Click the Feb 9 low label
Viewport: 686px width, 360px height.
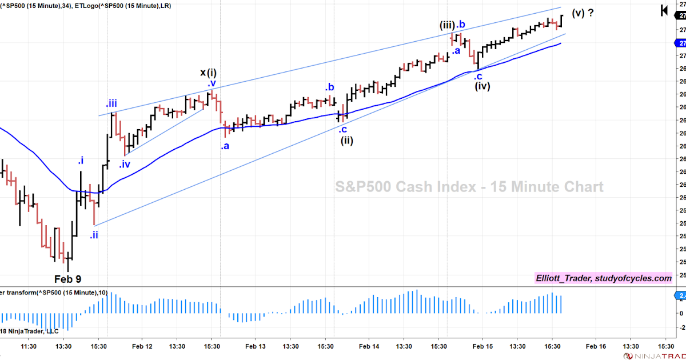click(67, 279)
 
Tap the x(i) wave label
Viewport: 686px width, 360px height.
click(208, 73)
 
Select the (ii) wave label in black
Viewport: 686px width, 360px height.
click(347, 141)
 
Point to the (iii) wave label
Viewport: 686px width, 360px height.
click(446, 25)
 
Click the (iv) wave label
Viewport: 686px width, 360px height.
click(482, 86)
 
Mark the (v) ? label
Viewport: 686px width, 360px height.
click(582, 13)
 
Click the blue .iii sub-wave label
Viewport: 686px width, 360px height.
click(111, 103)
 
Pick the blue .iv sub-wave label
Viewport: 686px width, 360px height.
click(125, 165)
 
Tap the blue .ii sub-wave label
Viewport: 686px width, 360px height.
click(94, 234)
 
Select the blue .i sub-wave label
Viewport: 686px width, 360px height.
click(81, 161)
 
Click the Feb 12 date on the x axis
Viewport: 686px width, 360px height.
click(142, 346)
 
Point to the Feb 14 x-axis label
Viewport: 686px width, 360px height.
click(369, 346)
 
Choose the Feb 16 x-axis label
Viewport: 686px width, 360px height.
click(596, 346)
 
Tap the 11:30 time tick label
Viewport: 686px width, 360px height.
click(29, 346)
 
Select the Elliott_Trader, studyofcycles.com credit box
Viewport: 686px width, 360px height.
click(604, 278)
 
